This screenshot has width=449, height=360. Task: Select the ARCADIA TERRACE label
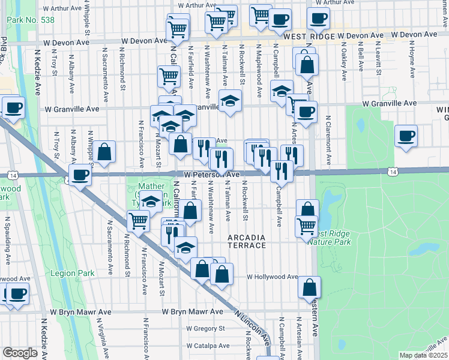point(247,242)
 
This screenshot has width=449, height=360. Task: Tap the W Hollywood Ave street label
point(273,277)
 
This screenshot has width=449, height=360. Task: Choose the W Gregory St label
point(205,328)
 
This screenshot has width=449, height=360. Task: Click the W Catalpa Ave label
point(207,346)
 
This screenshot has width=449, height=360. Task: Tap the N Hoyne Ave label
point(412,64)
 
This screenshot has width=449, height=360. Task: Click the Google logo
point(20,353)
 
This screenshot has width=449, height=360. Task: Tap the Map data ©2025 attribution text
point(423,355)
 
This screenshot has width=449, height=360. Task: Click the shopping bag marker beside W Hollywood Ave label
point(310,288)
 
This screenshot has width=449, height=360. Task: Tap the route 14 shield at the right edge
point(393,172)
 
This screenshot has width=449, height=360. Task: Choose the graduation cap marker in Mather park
point(151,202)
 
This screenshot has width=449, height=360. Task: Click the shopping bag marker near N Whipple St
point(104,152)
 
